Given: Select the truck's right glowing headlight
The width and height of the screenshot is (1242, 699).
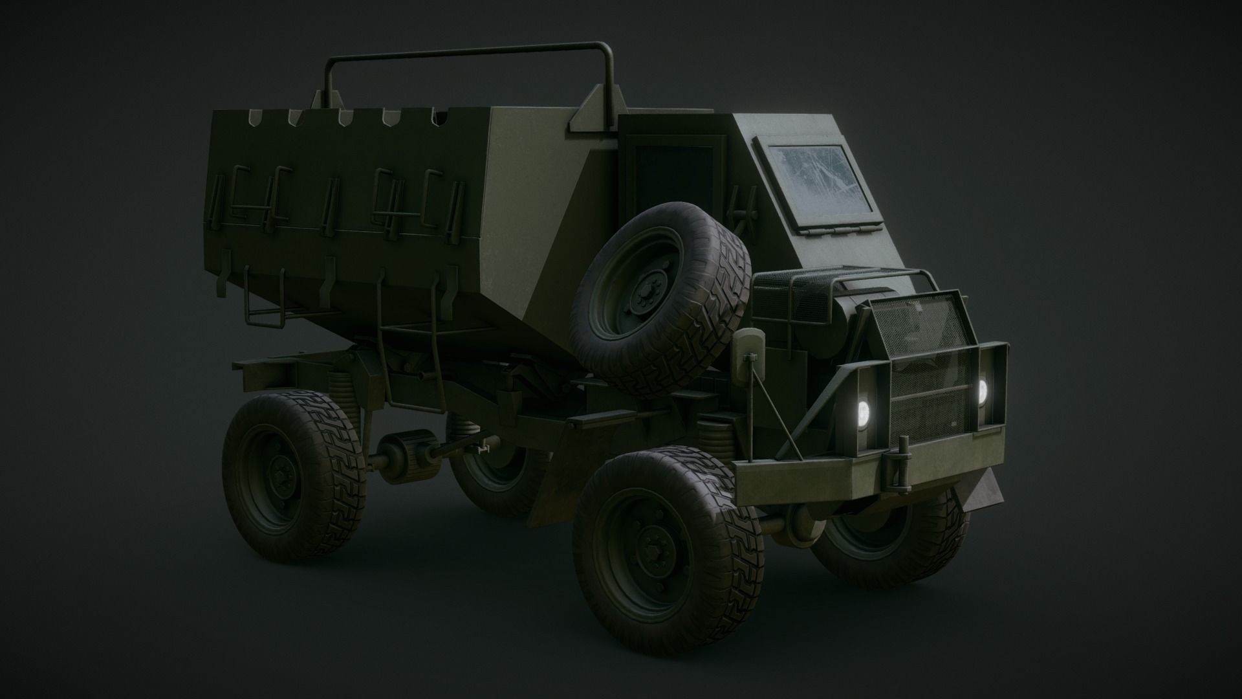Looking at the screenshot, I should pos(982,391).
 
